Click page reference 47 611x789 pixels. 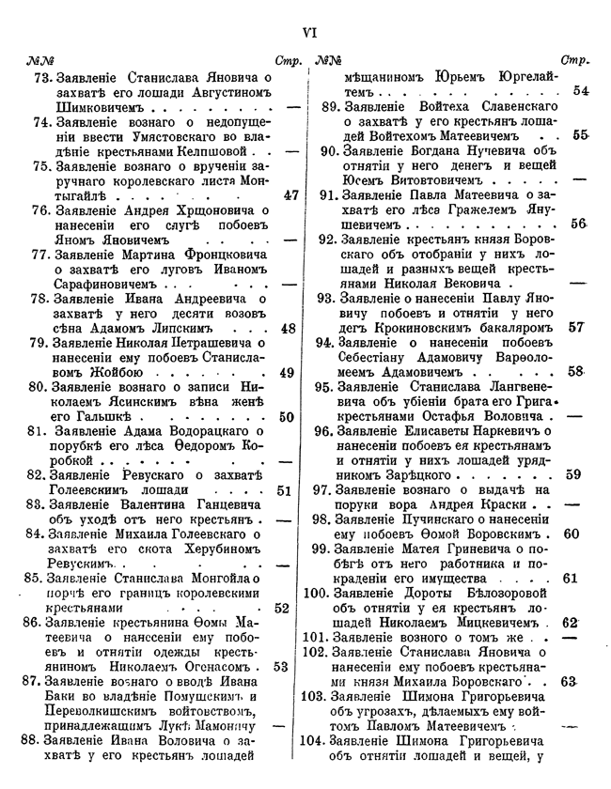290,196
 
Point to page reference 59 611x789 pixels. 572,475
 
